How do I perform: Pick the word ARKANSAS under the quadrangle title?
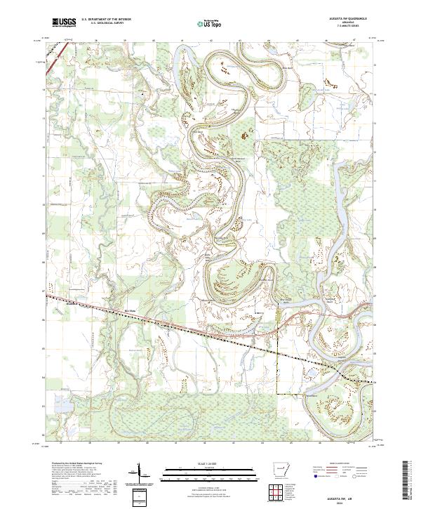tap(344, 23)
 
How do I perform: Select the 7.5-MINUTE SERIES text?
tap(344, 27)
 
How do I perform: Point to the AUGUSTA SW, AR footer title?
tap(344, 493)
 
